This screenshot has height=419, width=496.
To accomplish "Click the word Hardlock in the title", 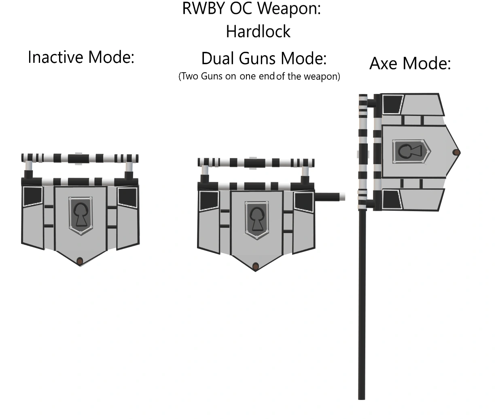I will [x=258, y=32].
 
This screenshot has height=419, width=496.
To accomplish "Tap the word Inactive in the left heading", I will [x=55, y=57].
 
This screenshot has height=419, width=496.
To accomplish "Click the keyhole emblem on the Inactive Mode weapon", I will [x=81, y=215].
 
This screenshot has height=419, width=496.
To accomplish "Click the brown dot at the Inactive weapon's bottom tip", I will [x=80, y=261].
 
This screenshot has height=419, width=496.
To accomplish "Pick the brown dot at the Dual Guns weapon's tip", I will [x=255, y=266].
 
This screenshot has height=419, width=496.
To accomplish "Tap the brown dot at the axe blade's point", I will [x=456, y=153].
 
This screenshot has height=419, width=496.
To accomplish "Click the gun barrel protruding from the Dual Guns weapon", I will [x=329, y=197].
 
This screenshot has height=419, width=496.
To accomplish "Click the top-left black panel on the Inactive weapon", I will [x=32, y=197].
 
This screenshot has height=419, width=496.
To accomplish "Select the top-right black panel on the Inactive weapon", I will [x=128, y=197].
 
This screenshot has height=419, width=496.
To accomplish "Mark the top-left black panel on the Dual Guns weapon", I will [x=208, y=201].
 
